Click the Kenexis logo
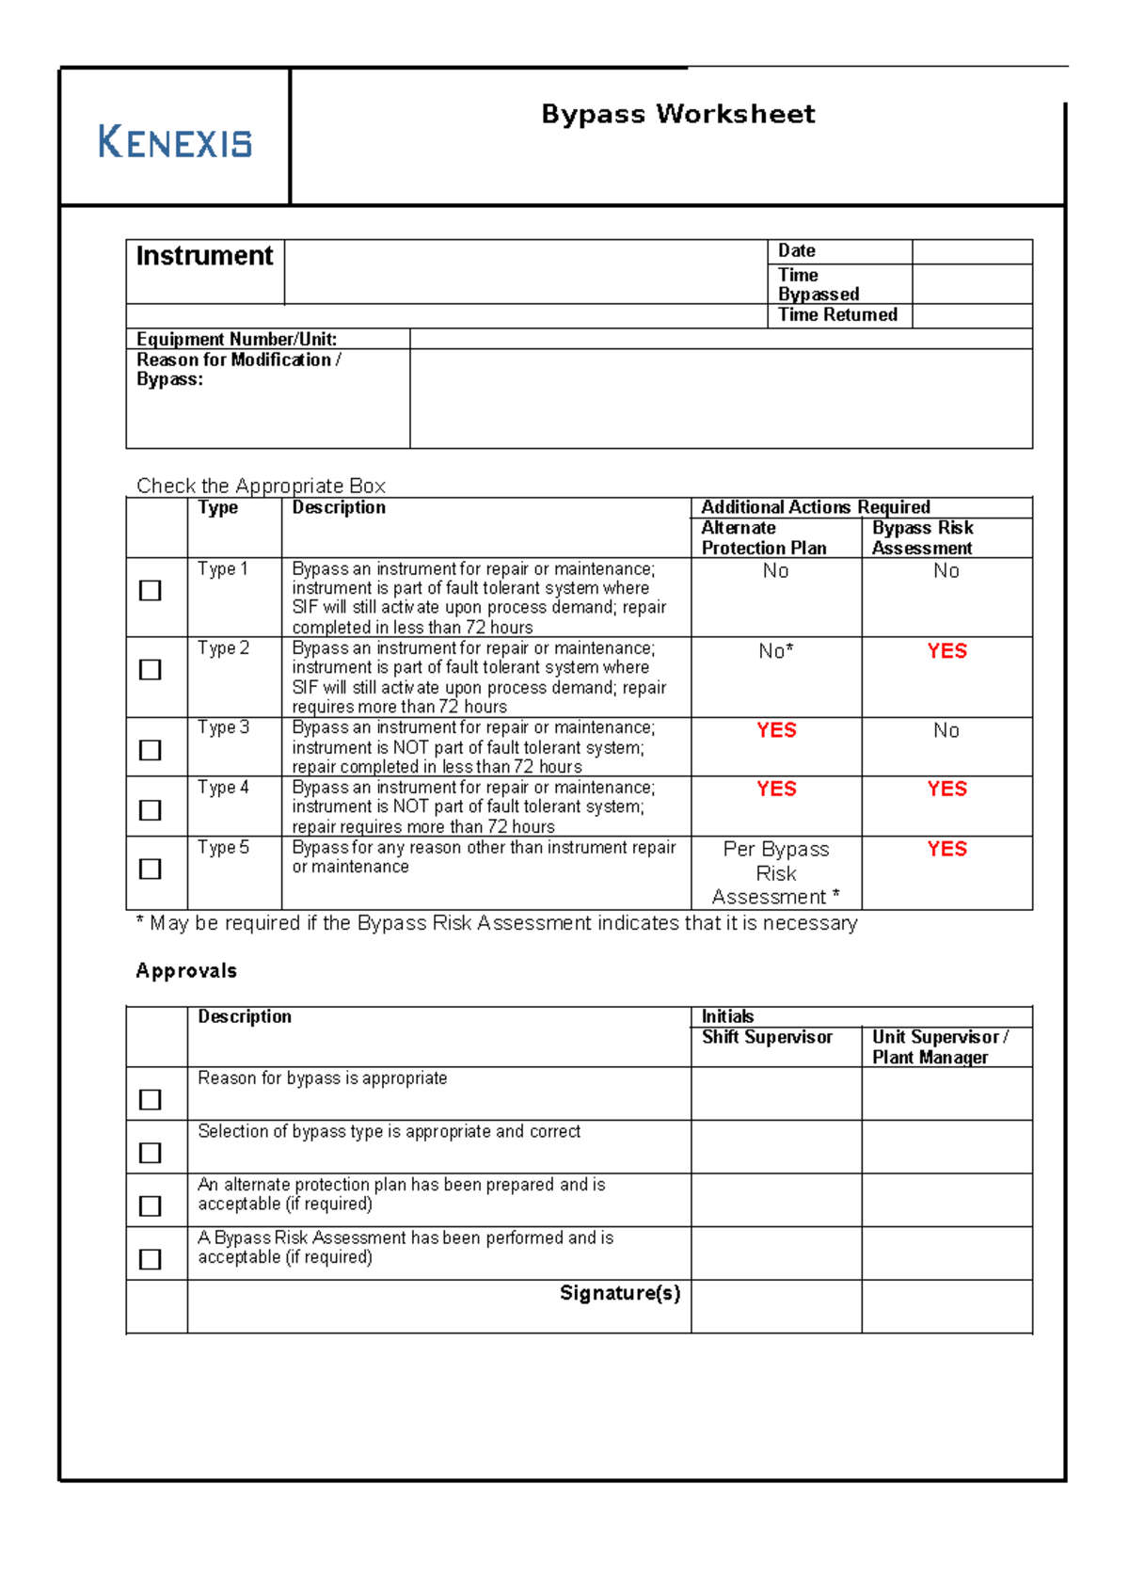point(175,142)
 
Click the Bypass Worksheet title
point(677,114)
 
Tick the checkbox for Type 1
point(150,590)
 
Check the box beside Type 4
point(150,809)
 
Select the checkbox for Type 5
point(150,868)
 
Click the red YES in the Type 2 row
point(946,651)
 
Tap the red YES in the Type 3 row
point(776,730)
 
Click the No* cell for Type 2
point(776,651)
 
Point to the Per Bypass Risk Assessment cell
point(776,873)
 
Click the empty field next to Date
point(972,251)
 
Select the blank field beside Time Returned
point(972,315)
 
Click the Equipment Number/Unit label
point(236,339)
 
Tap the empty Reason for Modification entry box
point(721,398)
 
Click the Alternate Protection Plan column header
point(763,538)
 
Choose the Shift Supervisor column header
point(767,1037)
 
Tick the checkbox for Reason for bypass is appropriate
point(150,1099)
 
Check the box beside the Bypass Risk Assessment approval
point(150,1258)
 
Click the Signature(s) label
point(619,1293)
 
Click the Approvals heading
point(186,970)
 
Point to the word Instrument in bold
point(204,256)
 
